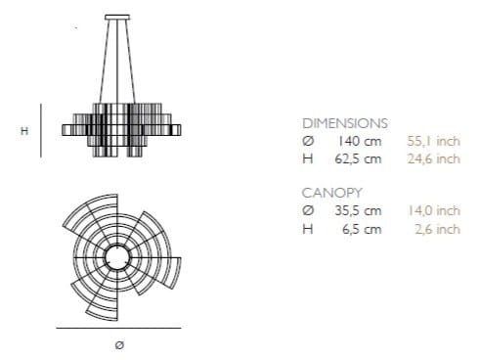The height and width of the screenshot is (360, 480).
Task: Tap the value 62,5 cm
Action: [359, 158]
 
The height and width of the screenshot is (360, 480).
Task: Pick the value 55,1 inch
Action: [433, 141]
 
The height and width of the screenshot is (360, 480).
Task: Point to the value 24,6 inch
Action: [433, 158]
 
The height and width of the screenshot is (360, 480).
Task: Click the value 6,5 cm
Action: [362, 230]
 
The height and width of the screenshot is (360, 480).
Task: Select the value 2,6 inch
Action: [436, 230]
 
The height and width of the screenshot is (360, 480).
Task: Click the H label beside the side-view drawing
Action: [23, 129]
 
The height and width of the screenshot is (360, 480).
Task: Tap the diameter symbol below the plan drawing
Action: [119, 344]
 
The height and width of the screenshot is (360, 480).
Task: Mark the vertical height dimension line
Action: [40, 129]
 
